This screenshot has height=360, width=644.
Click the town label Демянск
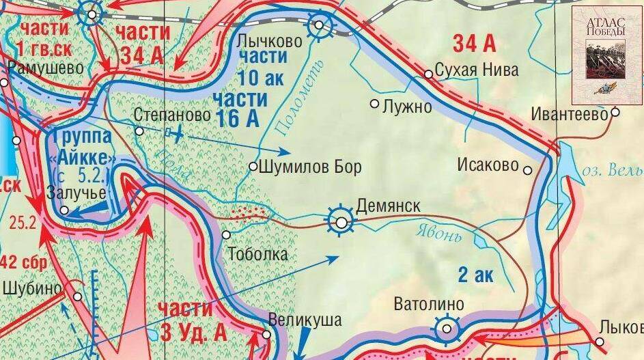388,206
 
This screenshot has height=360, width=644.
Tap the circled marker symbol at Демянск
340,221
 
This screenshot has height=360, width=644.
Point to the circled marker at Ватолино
447,329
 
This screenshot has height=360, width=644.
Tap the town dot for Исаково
527,169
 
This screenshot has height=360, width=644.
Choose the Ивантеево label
571,115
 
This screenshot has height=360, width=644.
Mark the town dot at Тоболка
227,234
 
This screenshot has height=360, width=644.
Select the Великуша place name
305,320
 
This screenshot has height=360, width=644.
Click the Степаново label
172,115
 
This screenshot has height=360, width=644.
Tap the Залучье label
76,193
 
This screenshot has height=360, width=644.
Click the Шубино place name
32,288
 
